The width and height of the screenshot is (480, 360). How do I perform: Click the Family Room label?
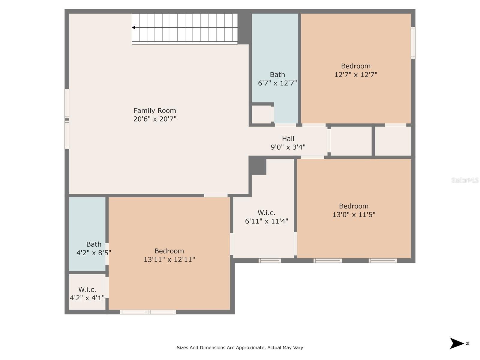click(x=154, y=110)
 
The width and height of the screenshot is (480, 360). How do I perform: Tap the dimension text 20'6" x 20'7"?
click(x=154, y=119)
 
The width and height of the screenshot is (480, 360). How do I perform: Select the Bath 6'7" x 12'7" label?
click(x=277, y=79)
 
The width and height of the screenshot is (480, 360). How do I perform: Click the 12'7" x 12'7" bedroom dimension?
click(x=355, y=74)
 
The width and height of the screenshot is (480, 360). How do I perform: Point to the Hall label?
click(x=288, y=138)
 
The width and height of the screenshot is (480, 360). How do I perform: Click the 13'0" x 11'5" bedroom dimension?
click(x=354, y=214)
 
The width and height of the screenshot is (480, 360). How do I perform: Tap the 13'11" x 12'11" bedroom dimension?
click(x=169, y=259)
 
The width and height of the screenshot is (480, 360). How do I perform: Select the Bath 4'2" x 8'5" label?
click(x=94, y=248)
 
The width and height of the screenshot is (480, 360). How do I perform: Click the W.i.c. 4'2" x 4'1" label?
click(x=87, y=294)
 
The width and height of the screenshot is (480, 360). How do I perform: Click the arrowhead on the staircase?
click(x=133, y=28)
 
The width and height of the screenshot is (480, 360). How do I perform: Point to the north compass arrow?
click(x=457, y=343)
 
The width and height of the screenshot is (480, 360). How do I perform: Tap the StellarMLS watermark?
click(x=465, y=180)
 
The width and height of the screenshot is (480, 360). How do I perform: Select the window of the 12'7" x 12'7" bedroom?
click(x=412, y=43)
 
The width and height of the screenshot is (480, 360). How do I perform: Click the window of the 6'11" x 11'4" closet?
click(x=269, y=260)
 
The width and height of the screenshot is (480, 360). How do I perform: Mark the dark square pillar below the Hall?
click(x=257, y=166)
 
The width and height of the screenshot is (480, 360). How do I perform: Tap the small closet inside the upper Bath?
click(x=261, y=114)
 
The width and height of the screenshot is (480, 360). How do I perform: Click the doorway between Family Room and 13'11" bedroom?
click(x=216, y=195)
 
